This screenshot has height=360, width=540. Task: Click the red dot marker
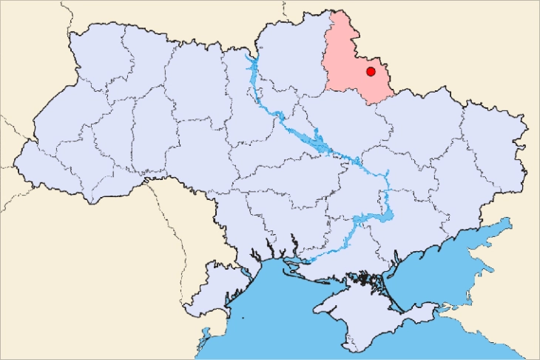tap(371, 71)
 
